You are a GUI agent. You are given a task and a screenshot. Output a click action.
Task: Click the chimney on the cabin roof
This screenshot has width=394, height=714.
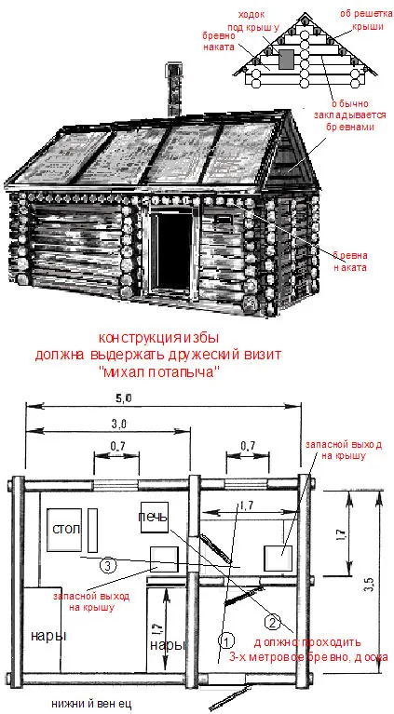(173, 89)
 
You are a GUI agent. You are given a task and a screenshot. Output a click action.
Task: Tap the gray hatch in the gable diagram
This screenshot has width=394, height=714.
(287, 59)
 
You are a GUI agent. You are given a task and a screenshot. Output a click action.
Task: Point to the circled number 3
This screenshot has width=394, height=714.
(107, 566)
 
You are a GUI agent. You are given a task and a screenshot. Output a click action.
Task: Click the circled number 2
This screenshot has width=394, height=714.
(272, 622)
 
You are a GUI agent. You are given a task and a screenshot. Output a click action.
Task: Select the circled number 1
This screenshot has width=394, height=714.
(227, 640)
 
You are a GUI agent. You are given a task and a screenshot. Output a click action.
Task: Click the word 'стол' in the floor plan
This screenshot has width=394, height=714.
(66, 529)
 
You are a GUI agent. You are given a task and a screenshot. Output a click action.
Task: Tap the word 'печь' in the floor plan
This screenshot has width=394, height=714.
(153, 518)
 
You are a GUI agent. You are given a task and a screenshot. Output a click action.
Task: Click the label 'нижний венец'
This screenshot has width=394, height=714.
(91, 702)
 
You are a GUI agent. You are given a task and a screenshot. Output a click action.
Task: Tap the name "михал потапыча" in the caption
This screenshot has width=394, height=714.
(158, 372)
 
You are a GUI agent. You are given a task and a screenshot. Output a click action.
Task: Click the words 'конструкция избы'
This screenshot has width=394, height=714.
(159, 338)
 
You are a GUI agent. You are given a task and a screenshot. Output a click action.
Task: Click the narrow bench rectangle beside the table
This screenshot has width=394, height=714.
(92, 531)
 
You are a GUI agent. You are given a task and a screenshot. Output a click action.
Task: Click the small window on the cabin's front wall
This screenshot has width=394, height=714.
(224, 220)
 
